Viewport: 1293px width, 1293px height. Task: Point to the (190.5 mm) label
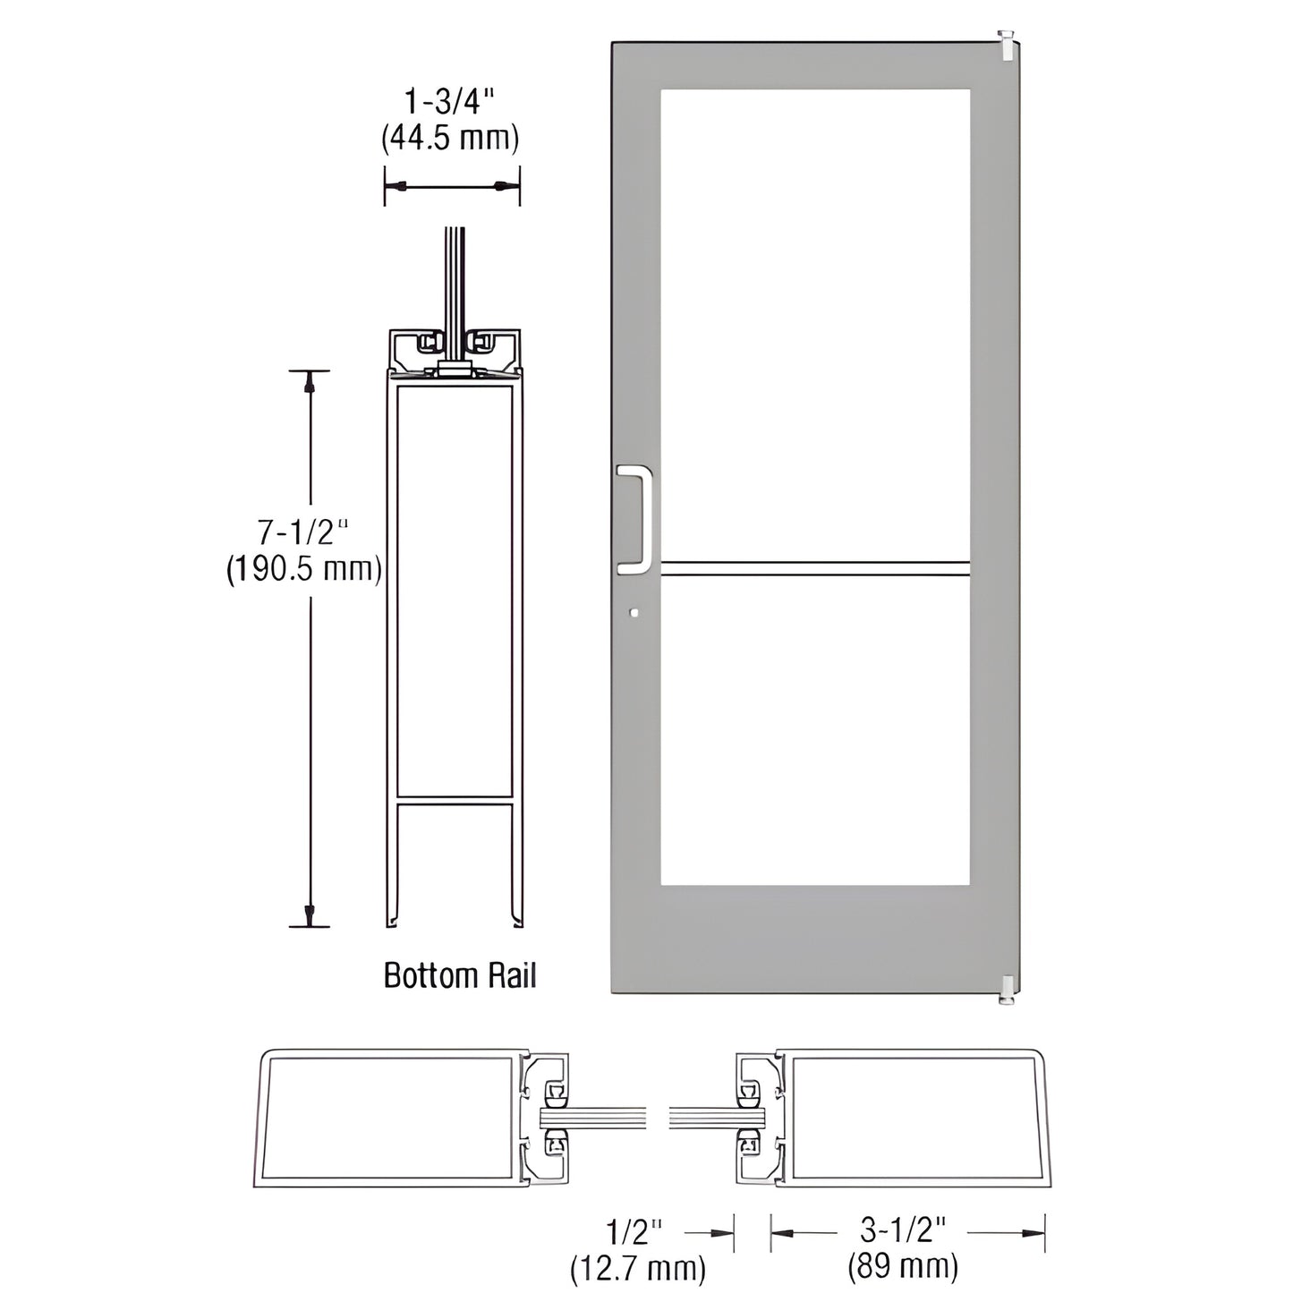303,569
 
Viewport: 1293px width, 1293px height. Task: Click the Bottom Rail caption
460,975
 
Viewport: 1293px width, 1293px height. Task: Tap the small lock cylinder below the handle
634,614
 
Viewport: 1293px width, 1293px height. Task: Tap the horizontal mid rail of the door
814,566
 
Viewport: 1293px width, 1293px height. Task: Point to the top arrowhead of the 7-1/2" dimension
310,382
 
